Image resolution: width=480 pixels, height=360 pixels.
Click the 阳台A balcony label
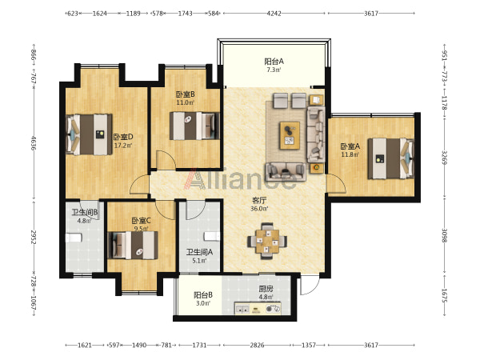274,62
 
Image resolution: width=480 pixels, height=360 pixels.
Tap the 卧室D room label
123,137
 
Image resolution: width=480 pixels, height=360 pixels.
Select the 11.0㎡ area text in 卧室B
185,102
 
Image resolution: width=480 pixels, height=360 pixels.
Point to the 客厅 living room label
259,201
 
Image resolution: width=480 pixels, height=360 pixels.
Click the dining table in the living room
267,241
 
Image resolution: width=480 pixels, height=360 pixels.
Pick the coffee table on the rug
290,135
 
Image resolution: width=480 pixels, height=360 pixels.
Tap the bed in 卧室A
391,158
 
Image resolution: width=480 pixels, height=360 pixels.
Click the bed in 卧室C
133,245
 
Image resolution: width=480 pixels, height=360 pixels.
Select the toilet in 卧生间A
212,236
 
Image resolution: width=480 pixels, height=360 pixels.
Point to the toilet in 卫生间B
74,238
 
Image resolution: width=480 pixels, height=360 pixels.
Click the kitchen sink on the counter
242,309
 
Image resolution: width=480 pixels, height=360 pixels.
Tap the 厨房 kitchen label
266,289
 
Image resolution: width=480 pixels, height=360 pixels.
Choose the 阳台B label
203,295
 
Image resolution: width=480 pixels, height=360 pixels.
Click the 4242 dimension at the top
274,13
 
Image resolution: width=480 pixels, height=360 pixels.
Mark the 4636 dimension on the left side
34,143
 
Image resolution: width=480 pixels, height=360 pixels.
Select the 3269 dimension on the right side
444,157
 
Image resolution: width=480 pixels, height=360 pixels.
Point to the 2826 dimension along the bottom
257,345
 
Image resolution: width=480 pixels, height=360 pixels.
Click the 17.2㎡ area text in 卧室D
123,145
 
